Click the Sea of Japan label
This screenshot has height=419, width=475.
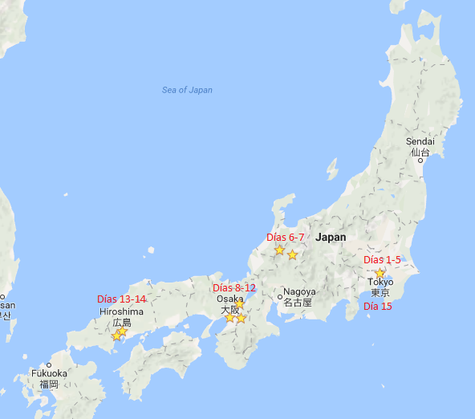pyautogui.click(x=187, y=90)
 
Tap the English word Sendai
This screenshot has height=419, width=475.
pyautogui.click(x=420, y=141)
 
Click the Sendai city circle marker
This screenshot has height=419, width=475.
pyautogui.click(x=420, y=160)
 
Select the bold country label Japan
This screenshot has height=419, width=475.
pyautogui.click(x=331, y=238)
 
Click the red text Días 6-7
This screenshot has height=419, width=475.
pyautogui.click(x=286, y=238)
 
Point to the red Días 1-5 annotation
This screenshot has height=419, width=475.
pyautogui.click(x=382, y=259)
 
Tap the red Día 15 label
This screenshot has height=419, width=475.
pyautogui.click(x=378, y=307)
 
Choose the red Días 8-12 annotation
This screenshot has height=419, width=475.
pyautogui.click(x=234, y=287)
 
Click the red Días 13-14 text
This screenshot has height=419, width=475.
pyautogui.click(x=121, y=299)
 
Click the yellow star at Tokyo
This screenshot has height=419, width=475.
pyautogui.click(x=380, y=273)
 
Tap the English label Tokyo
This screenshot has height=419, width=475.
pyautogui.click(x=380, y=283)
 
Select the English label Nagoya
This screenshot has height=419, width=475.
pyautogui.click(x=299, y=292)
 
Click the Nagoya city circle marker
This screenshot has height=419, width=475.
pyautogui.click(x=280, y=298)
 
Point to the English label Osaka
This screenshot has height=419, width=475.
pyautogui.click(x=229, y=299)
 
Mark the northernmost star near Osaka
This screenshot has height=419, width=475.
pyautogui.click(x=239, y=304)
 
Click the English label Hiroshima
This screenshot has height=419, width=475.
pyautogui.click(x=121, y=311)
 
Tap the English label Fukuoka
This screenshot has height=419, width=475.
pyautogui.click(x=49, y=373)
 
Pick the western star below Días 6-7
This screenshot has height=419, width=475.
pyautogui.click(x=279, y=250)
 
